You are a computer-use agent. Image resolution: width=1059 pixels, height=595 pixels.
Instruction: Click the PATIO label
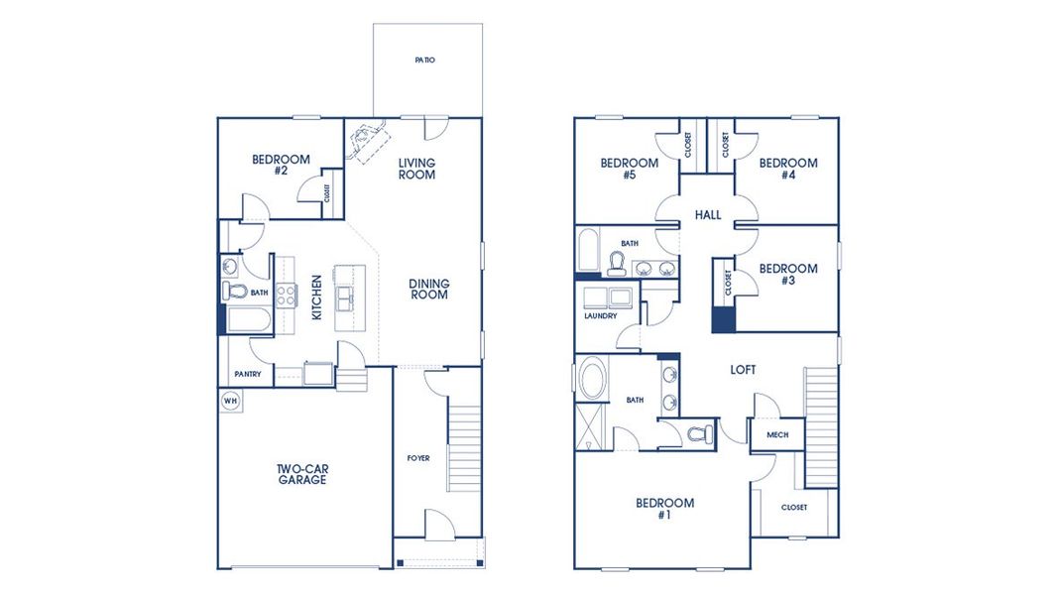(x=424, y=60)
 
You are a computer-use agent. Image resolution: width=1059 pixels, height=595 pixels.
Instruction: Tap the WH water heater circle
(x=230, y=401)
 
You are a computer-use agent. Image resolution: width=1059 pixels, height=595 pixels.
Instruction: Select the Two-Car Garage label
(x=301, y=474)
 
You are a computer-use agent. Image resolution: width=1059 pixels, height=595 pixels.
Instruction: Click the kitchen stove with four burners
(x=285, y=294)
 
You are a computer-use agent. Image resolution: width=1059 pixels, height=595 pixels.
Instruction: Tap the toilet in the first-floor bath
(x=234, y=291)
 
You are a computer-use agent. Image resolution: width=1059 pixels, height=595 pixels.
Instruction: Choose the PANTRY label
(x=248, y=374)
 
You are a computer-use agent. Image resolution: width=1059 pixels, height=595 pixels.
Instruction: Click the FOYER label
(x=418, y=458)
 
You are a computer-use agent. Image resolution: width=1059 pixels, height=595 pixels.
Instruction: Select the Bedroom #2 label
(x=281, y=165)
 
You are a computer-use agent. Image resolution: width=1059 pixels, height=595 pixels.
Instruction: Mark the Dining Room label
(x=429, y=289)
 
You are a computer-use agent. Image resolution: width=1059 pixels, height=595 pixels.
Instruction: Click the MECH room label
(x=777, y=434)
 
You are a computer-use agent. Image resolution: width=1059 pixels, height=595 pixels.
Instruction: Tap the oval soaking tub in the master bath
(x=592, y=382)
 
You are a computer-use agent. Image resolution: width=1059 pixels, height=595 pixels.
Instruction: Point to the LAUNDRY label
(x=600, y=316)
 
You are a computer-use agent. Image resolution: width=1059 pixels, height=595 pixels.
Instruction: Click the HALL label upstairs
(x=708, y=215)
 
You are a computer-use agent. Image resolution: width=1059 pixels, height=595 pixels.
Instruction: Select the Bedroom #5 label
(x=630, y=169)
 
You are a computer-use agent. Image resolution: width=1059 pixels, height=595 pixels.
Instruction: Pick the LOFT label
(x=743, y=370)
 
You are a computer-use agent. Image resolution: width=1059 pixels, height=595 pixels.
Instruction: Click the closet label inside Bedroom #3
(x=728, y=284)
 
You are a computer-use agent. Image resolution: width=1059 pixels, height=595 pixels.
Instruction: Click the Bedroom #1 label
(x=664, y=509)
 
